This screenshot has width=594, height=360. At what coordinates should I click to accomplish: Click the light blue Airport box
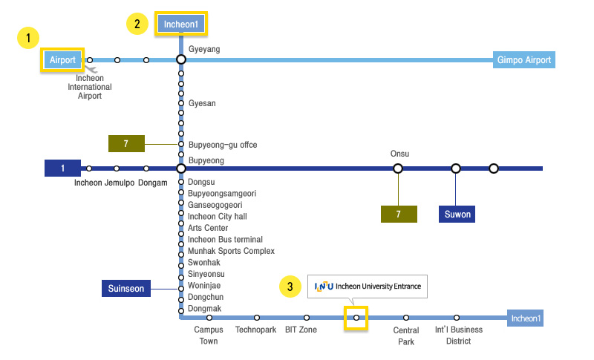pos(63,60)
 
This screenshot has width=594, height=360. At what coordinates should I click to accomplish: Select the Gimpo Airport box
pos(523,60)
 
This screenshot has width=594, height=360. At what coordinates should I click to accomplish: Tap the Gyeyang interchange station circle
pos(180,59)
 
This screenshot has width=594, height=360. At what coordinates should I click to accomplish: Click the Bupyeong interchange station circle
pos(180,168)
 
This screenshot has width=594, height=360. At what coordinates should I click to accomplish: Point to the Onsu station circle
pos(398,168)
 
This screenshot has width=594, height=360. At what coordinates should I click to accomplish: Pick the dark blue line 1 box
pos(63,168)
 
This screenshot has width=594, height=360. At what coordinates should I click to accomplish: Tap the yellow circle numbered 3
pos(290,287)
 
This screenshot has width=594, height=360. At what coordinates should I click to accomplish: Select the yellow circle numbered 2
pos(137,24)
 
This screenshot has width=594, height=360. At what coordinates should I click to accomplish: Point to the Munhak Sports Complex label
pos(231,251)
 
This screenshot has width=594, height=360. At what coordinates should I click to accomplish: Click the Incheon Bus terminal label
pos(225,240)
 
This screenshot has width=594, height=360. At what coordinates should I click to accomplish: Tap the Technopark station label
pos(255,330)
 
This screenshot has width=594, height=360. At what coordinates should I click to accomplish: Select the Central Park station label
pos(405,336)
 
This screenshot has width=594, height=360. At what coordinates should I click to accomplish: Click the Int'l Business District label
pos(458,336)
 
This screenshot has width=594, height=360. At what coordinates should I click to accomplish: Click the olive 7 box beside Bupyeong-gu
pos(127,143)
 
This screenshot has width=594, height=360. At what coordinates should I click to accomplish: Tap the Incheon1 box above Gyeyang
pos(181,24)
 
